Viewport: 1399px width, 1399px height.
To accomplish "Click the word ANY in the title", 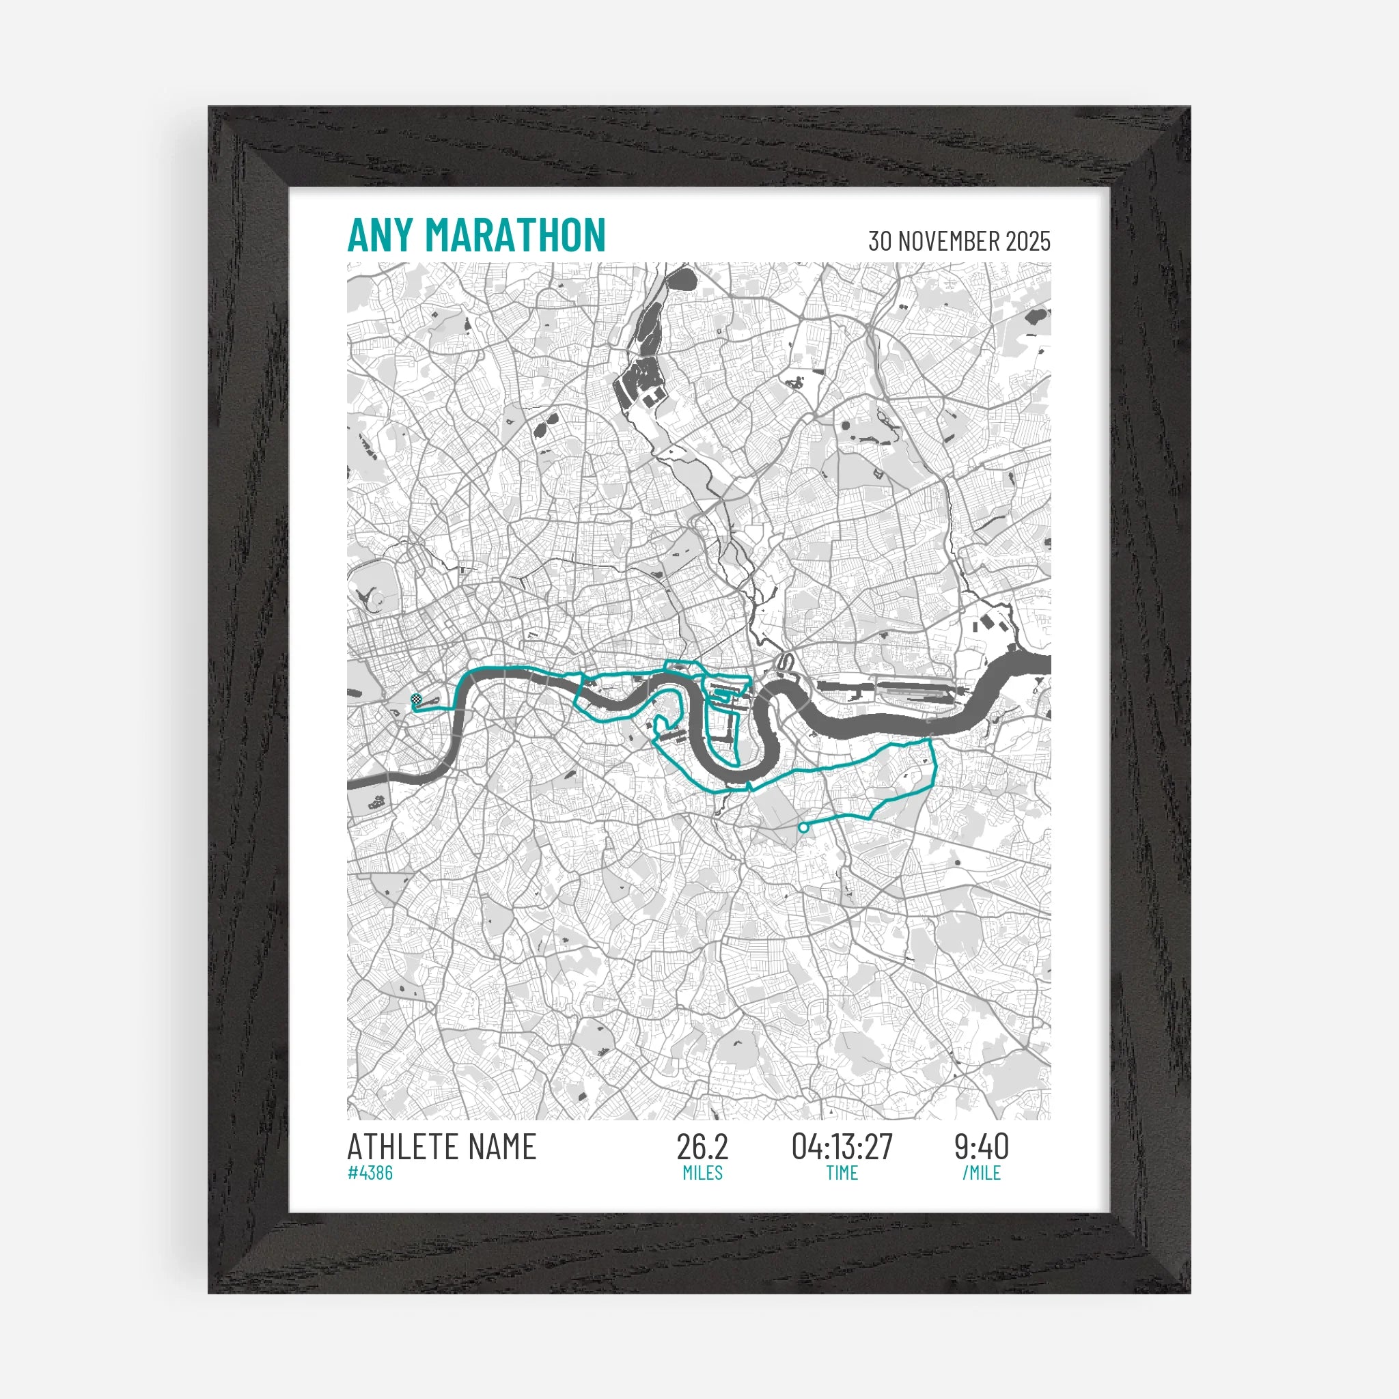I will coord(379,236).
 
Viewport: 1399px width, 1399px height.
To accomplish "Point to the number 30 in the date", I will coord(880,241).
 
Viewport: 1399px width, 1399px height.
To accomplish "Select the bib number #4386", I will coord(370,1173).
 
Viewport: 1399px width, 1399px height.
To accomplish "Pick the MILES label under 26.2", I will coord(702,1173).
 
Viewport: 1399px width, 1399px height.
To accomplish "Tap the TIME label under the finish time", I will coord(842,1173).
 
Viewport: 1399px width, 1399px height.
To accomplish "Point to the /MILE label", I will coord(981,1173).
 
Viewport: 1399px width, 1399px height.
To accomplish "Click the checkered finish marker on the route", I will coord(415,699).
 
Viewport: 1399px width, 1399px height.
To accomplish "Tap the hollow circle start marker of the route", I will coord(803,827).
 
